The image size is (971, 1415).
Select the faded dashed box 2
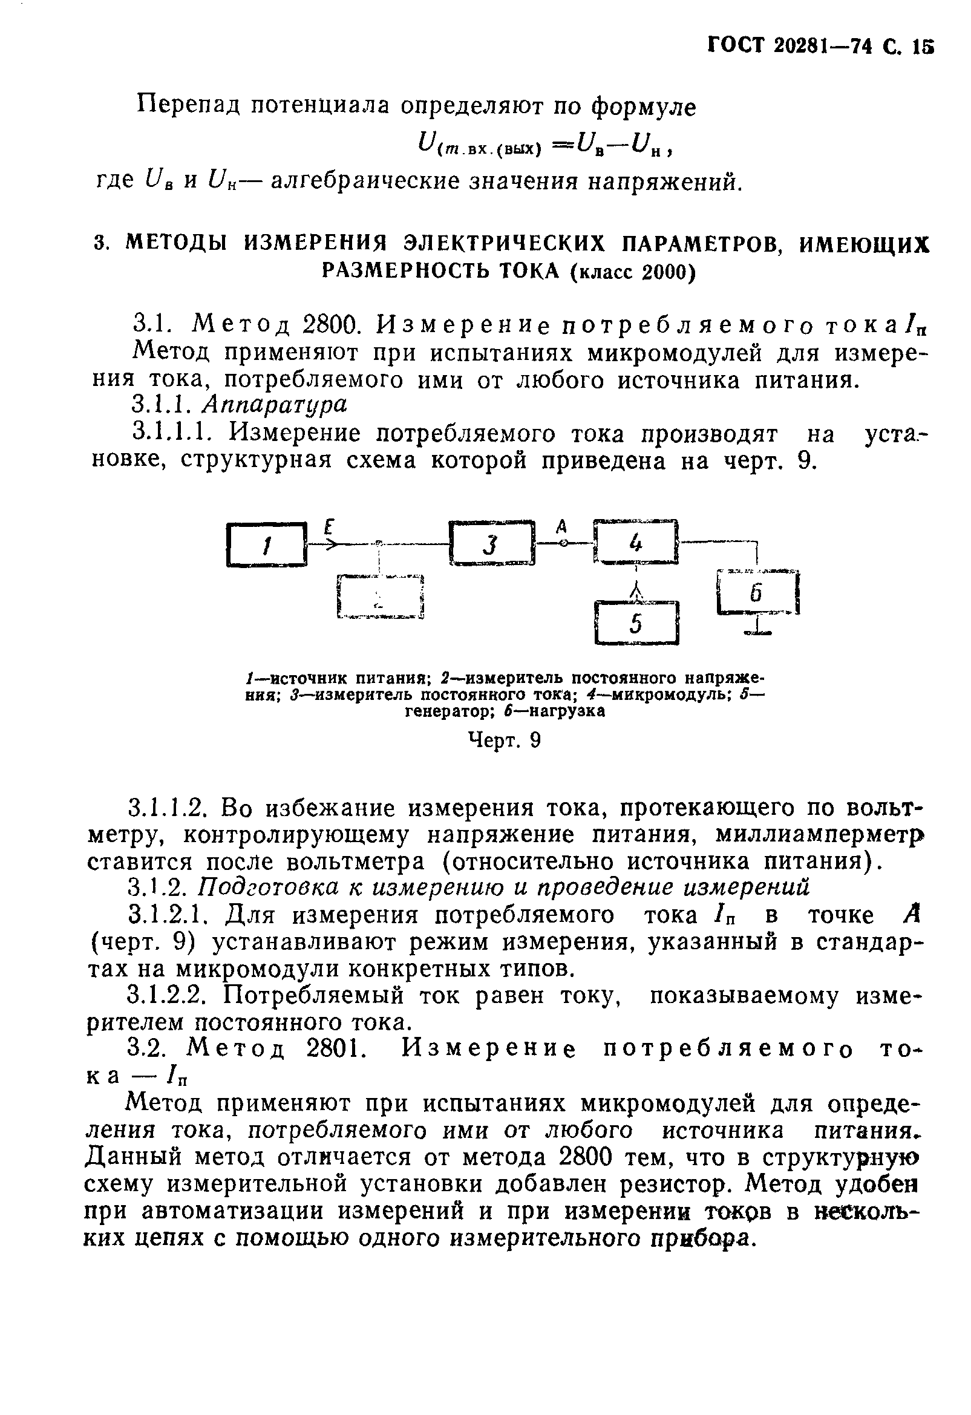379,596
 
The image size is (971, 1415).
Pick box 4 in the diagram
635,541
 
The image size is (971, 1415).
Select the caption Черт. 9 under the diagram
504,740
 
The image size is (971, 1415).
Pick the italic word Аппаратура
275,403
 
